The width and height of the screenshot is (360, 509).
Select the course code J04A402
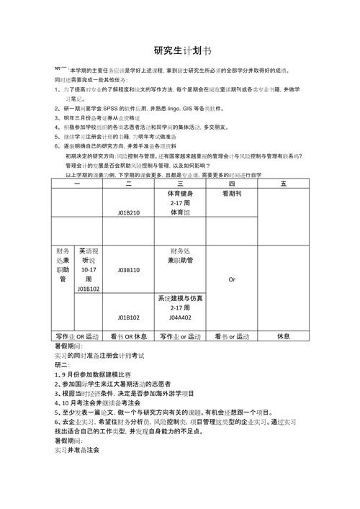(180, 317)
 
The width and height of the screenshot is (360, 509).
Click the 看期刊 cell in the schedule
(232, 194)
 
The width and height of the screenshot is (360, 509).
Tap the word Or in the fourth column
(232, 279)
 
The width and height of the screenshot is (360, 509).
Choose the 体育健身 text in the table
(180, 194)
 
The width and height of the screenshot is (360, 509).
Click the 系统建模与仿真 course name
(180, 298)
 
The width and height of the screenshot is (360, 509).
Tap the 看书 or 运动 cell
(231, 336)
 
